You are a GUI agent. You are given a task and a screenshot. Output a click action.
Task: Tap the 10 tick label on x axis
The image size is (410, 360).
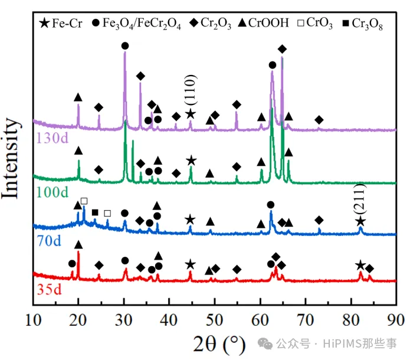(x=33, y=321)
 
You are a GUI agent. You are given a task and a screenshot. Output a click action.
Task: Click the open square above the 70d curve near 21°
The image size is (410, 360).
(x=84, y=202)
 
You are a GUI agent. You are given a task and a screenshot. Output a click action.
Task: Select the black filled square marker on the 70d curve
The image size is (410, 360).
(x=95, y=212)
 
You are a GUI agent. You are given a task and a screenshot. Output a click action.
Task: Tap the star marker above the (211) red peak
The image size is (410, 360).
(x=360, y=266)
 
